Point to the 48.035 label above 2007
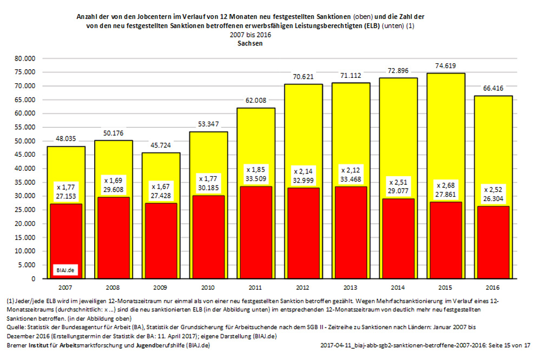tap(65, 139)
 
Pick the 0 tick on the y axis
tap(32, 279)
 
